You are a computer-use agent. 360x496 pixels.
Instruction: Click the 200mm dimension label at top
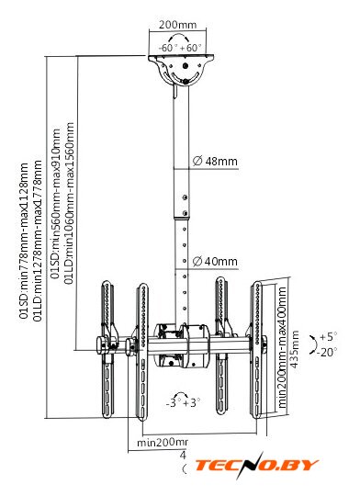click(177, 25)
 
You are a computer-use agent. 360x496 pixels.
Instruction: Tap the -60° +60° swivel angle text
click(180, 48)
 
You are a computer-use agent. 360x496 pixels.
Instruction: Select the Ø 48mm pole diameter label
click(215, 162)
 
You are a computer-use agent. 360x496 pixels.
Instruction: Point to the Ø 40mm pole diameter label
click(215, 262)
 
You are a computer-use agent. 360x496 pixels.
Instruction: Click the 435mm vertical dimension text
click(295, 349)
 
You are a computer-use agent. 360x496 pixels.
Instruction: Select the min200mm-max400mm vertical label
click(282, 347)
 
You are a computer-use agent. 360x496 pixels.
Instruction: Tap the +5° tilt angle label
click(329, 337)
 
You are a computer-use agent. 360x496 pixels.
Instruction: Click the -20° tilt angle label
click(327, 353)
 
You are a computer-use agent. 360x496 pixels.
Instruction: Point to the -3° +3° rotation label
click(183, 403)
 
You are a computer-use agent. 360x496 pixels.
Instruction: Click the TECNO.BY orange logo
click(256, 465)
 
